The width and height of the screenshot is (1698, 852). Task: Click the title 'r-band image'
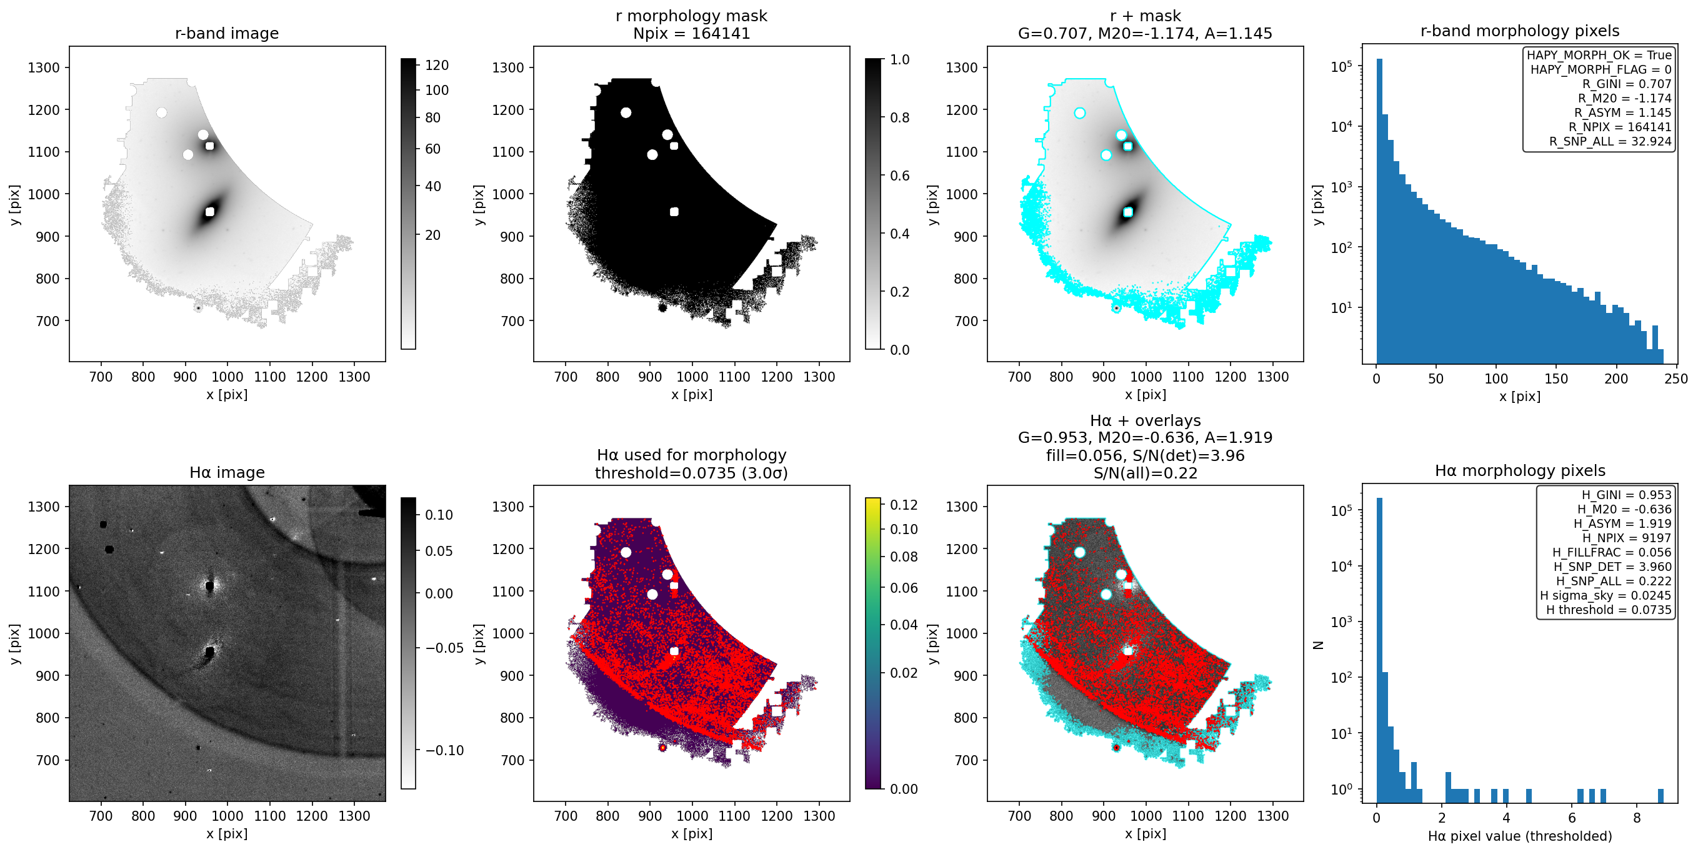click(227, 33)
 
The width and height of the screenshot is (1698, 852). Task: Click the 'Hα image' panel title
click(227, 472)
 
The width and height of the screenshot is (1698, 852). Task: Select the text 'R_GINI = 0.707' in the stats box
click(1626, 84)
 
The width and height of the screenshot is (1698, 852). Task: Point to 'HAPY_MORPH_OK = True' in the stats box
click(1599, 55)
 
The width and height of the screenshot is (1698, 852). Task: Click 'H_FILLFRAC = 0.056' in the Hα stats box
click(1612, 552)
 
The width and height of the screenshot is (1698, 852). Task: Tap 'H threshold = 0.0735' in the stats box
click(1609, 610)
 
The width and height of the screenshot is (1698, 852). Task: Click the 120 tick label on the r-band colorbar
click(437, 65)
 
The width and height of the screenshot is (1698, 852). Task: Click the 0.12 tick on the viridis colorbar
click(904, 505)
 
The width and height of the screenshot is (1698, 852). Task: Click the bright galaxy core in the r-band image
click(209, 212)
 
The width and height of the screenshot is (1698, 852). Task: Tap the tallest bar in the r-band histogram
click(1379, 211)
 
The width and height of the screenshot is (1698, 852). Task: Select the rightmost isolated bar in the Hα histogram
click(1661, 796)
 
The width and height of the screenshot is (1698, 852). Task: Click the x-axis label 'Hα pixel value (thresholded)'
click(1520, 836)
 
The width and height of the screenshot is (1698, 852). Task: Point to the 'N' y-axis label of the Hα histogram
click(1318, 645)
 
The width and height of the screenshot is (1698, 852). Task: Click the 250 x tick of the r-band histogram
click(1676, 379)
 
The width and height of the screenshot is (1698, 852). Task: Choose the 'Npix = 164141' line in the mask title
click(691, 33)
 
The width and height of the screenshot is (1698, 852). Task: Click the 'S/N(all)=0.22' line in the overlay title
click(1145, 472)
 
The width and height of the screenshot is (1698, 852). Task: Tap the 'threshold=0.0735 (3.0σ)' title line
click(691, 472)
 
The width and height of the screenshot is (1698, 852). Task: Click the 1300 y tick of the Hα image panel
click(44, 507)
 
